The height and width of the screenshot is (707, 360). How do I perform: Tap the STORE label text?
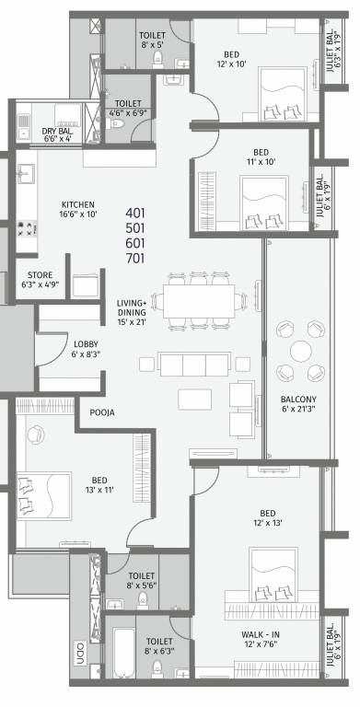tap(40, 274)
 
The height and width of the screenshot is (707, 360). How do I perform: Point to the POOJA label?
tap(102, 413)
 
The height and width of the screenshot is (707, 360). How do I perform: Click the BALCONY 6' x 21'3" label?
tap(299, 400)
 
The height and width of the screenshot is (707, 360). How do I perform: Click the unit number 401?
tap(136, 213)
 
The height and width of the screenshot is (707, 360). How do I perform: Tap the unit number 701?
tap(136, 260)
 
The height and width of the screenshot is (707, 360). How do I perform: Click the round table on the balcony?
tap(299, 352)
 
